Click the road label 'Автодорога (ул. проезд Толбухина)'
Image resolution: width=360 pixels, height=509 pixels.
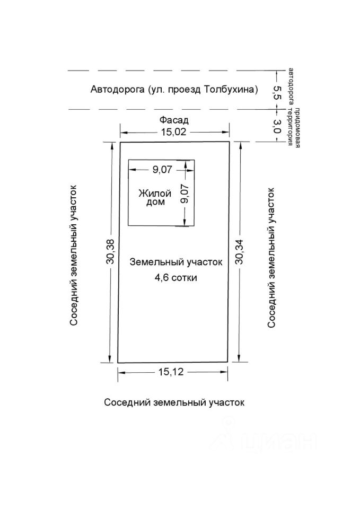174,89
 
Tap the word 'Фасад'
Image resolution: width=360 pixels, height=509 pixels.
174,120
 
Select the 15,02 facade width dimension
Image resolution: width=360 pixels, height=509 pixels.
174,133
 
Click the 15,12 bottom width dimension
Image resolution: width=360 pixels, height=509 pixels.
170,372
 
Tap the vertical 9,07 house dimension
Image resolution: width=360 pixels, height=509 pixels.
185,194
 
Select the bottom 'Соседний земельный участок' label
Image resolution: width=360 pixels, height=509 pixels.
174,402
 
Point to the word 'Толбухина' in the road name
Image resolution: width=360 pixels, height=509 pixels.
233,89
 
